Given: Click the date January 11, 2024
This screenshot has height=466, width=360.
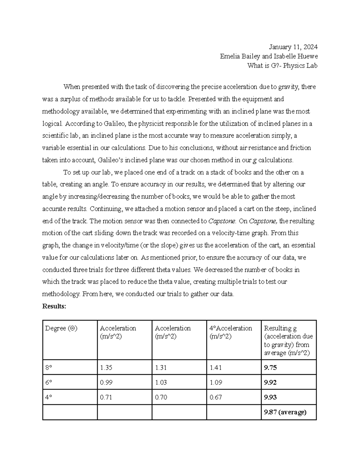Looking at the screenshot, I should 293,47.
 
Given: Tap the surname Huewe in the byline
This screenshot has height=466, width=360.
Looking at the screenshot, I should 307,56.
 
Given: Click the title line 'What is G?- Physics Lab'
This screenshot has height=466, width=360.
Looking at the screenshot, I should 282,65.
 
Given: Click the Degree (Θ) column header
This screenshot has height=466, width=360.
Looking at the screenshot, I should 61,328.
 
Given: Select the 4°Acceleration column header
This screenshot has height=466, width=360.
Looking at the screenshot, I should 231,328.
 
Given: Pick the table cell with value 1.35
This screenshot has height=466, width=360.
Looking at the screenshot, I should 106,368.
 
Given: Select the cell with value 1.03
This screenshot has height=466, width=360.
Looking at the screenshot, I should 161,383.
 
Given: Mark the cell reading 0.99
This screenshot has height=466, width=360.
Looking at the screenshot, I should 106,383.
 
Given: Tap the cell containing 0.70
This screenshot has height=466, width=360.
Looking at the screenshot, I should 161,397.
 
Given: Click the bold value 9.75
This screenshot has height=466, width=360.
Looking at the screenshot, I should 270,368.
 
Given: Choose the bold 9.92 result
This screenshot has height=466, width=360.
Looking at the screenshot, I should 270,383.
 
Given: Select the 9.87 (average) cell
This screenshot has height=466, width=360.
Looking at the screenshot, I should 285,412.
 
